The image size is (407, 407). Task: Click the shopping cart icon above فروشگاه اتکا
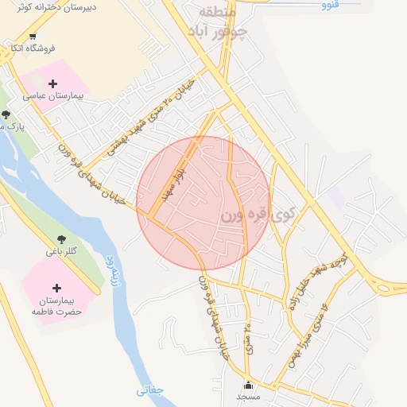(33, 36)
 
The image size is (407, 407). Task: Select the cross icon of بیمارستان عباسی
(52, 83)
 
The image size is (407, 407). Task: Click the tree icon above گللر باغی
(61, 238)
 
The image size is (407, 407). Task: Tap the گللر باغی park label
(61, 251)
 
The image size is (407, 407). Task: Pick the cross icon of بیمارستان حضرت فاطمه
(56, 288)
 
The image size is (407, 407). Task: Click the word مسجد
(247, 396)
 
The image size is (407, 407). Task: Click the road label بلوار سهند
(174, 183)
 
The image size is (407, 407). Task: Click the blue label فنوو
(330, 5)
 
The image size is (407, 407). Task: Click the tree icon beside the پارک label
(6, 114)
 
